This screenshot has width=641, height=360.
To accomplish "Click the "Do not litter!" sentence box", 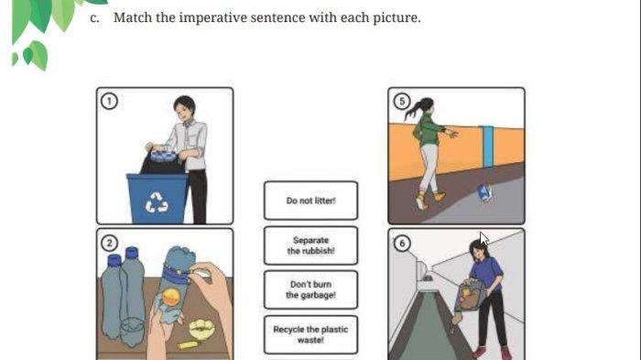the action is [310, 201].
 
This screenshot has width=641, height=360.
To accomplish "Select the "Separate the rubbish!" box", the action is [310, 245].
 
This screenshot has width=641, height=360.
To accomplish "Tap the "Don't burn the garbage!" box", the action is [310, 289].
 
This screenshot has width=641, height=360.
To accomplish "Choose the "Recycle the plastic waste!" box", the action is [310, 334].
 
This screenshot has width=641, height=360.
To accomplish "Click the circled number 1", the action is [109, 101].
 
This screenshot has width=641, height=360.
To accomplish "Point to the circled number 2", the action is [109, 243].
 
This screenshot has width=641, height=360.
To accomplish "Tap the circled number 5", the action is [402, 101].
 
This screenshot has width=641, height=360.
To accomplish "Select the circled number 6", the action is [402, 243].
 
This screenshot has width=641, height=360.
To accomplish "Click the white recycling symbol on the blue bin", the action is [157, 202].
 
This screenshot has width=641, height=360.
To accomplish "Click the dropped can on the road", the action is [484, 192].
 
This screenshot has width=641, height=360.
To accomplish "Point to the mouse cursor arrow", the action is [483, 238].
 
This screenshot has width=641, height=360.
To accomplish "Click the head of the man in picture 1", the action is [184, 108].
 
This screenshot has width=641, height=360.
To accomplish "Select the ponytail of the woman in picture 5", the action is [414, 109].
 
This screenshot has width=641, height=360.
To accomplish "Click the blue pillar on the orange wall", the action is [486, 147].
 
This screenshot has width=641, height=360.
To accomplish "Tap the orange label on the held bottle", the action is [170, 297].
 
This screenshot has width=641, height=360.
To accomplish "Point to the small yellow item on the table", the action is [188, 344].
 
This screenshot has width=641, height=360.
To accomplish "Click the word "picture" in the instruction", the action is [396, 17].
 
